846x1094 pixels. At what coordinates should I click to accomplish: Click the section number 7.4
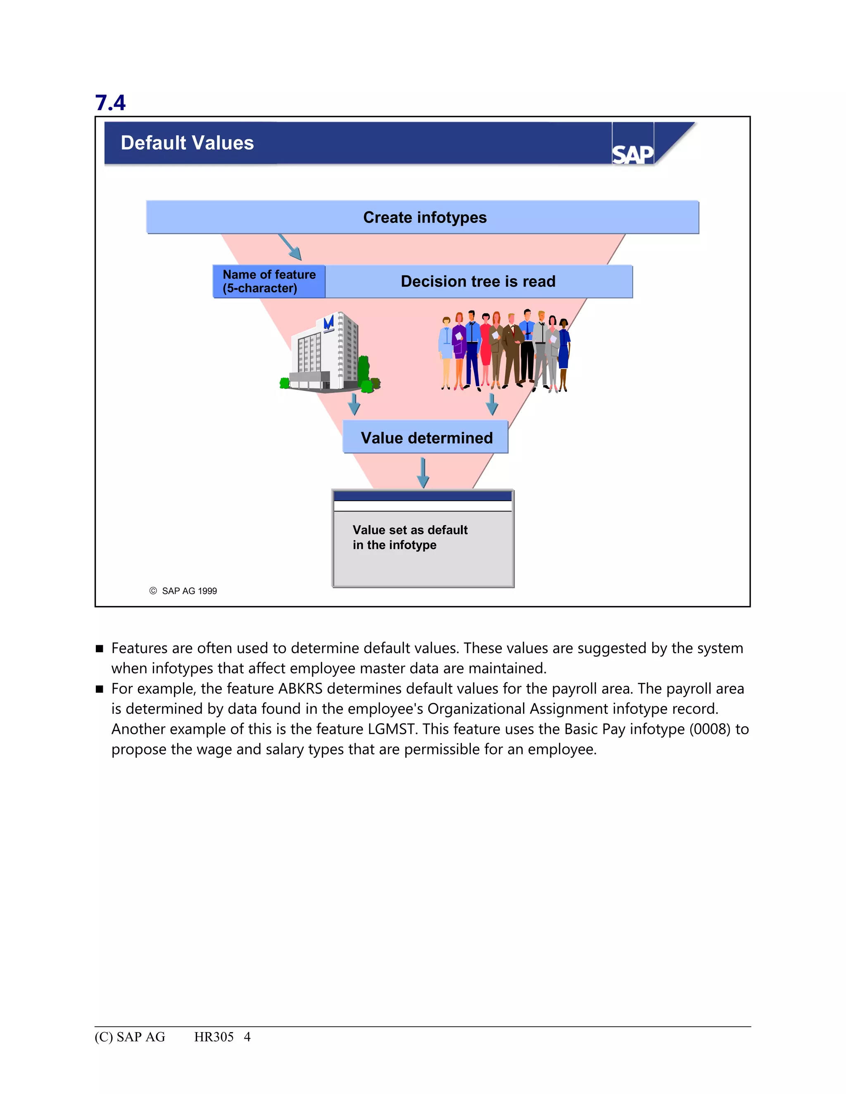[110, 103]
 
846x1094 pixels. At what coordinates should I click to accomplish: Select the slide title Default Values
[187, 143]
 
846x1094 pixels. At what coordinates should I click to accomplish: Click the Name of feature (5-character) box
[269, 282]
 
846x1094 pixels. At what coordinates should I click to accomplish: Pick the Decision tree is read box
[478, 282]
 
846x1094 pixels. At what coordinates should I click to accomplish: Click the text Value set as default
[409, 530]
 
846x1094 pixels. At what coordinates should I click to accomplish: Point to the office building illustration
[329, 353]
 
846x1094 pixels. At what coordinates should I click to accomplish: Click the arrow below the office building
[354, 404]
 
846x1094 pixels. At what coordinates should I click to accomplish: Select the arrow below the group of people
[492, 404]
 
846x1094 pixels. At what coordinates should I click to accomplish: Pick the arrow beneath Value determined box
[423, 472]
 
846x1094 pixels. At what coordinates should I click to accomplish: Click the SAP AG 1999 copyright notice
[183, 591]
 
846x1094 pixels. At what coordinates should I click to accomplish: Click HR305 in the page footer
[214, 1037]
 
